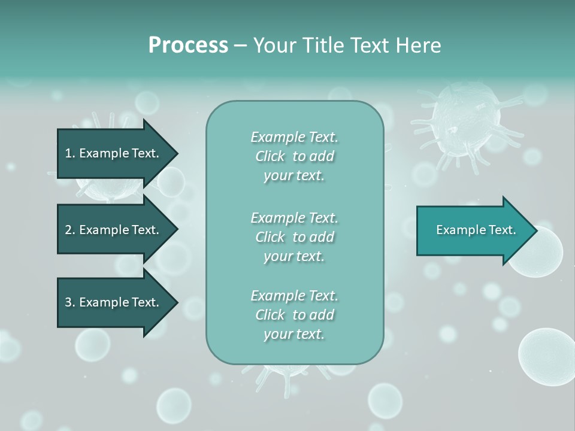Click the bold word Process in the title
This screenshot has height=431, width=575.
tap(188, 45)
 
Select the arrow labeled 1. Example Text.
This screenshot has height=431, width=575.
tap(114, 153)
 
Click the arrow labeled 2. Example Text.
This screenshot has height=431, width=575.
tap(114, 230)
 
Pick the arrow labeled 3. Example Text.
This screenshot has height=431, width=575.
tap(114, 302)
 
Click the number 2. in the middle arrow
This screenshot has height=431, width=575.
tap(69, 230)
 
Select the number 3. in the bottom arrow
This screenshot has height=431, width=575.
tap(69, 302)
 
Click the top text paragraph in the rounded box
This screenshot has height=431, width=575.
tap(294, 156)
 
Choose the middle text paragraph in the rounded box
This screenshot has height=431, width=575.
tap(294, 236)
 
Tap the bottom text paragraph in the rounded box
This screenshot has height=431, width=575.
tap(294, 315)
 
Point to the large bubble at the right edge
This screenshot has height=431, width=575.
tap(546, 356)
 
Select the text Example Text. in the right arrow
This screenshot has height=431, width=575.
tap(476, 230)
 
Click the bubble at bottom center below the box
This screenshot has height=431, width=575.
tap(384, 399)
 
